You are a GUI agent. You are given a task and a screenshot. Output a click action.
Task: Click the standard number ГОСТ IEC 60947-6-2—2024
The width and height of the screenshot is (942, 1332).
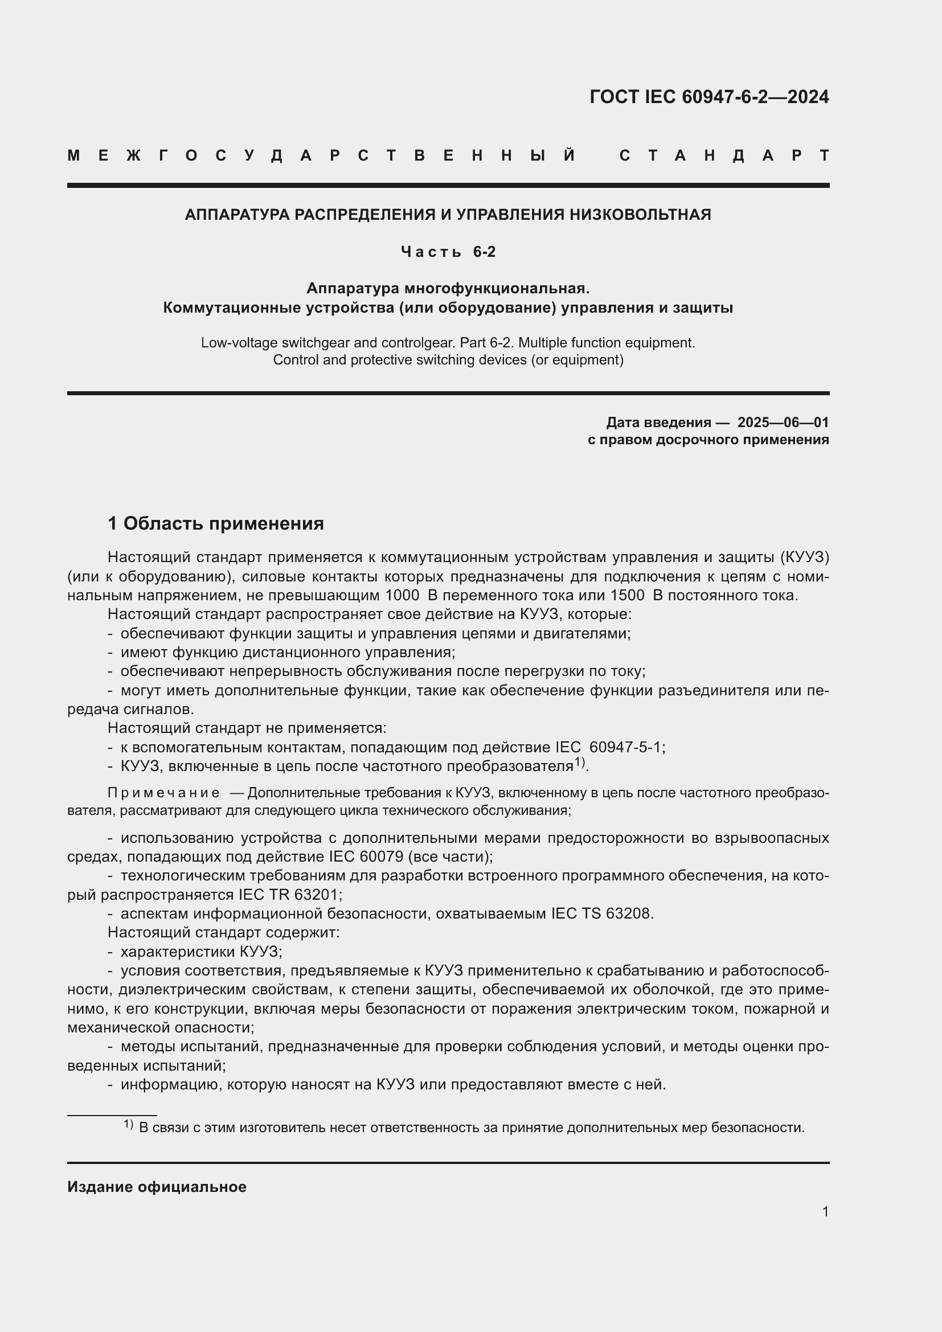click(709, 97)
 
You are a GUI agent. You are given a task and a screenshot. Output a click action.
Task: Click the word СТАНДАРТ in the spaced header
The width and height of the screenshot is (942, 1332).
click(724, 155)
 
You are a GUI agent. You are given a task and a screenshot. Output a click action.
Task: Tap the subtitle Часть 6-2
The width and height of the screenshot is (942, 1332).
click(448, 252)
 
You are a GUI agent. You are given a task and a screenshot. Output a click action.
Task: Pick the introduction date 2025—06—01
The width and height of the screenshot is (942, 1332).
click(783, 423)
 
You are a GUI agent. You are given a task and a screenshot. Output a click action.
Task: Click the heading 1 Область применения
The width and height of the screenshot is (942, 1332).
click(216, 524)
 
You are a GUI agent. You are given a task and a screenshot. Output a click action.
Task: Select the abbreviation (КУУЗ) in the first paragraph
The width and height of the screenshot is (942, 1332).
click(805, 558)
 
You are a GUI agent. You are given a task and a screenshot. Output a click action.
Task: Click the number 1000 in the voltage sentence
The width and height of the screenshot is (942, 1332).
click(403, 596)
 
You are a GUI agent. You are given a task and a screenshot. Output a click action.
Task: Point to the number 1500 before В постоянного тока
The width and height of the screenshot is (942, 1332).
click(628, 596)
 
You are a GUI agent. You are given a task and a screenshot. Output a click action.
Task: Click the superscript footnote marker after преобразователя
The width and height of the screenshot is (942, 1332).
click(580, 763)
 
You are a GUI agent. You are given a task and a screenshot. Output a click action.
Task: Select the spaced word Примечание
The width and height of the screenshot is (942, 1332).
click(163, 793)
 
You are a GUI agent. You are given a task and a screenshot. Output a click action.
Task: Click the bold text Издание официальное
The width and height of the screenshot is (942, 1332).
click(157, 1187)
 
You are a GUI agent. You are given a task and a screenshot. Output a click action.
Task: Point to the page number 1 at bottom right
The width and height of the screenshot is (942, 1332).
click(825, 1212)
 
